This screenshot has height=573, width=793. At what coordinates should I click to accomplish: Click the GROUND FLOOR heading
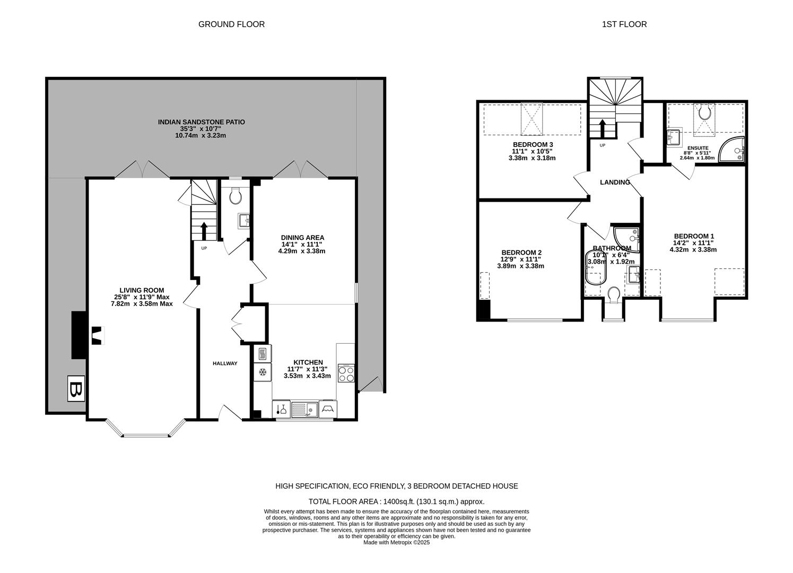tap(231, 24)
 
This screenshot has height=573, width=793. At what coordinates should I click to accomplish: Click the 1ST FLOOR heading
tap(624, 24)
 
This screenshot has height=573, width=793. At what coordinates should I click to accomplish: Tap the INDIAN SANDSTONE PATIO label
tap(201, 122)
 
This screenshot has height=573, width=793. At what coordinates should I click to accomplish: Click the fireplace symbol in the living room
tap(97, 336)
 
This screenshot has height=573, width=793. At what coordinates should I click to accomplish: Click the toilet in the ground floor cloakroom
tap(236, 196)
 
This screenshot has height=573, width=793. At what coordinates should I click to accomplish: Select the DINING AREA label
tap(302, 238)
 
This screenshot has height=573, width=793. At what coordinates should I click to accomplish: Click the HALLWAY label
tap(225, 363)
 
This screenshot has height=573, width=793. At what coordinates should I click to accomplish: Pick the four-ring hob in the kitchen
tap(346, 374)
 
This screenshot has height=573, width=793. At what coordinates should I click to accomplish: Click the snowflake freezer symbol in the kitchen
tap(263, 372)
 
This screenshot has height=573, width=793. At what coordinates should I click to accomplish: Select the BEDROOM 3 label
tap(533, 145)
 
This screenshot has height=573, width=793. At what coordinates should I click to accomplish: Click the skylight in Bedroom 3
tap(533, 118)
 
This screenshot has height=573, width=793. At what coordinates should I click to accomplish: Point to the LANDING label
tap(615, 182)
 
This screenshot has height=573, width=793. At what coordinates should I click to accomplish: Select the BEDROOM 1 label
tap(694, 236)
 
